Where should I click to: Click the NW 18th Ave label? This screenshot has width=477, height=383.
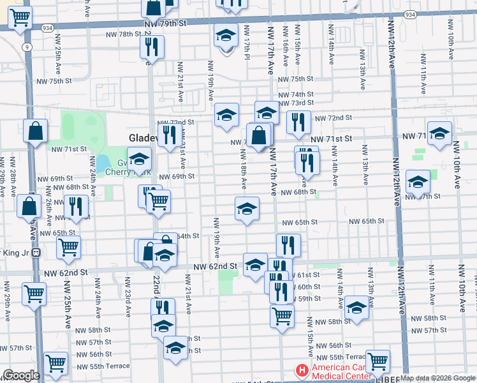point(244,170)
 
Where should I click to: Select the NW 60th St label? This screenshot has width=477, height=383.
point(308,287)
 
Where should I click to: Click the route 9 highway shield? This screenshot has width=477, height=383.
point(27,47)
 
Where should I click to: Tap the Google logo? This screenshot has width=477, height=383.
point(21,375)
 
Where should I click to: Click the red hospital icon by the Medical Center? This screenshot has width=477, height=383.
point(300,370)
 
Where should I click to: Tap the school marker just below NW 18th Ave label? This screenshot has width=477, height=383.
point(247,208)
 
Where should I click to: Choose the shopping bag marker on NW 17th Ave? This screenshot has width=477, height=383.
point(259,135)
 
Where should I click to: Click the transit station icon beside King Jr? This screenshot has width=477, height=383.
point(36,252)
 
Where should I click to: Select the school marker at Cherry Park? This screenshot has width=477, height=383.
point(138,160)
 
